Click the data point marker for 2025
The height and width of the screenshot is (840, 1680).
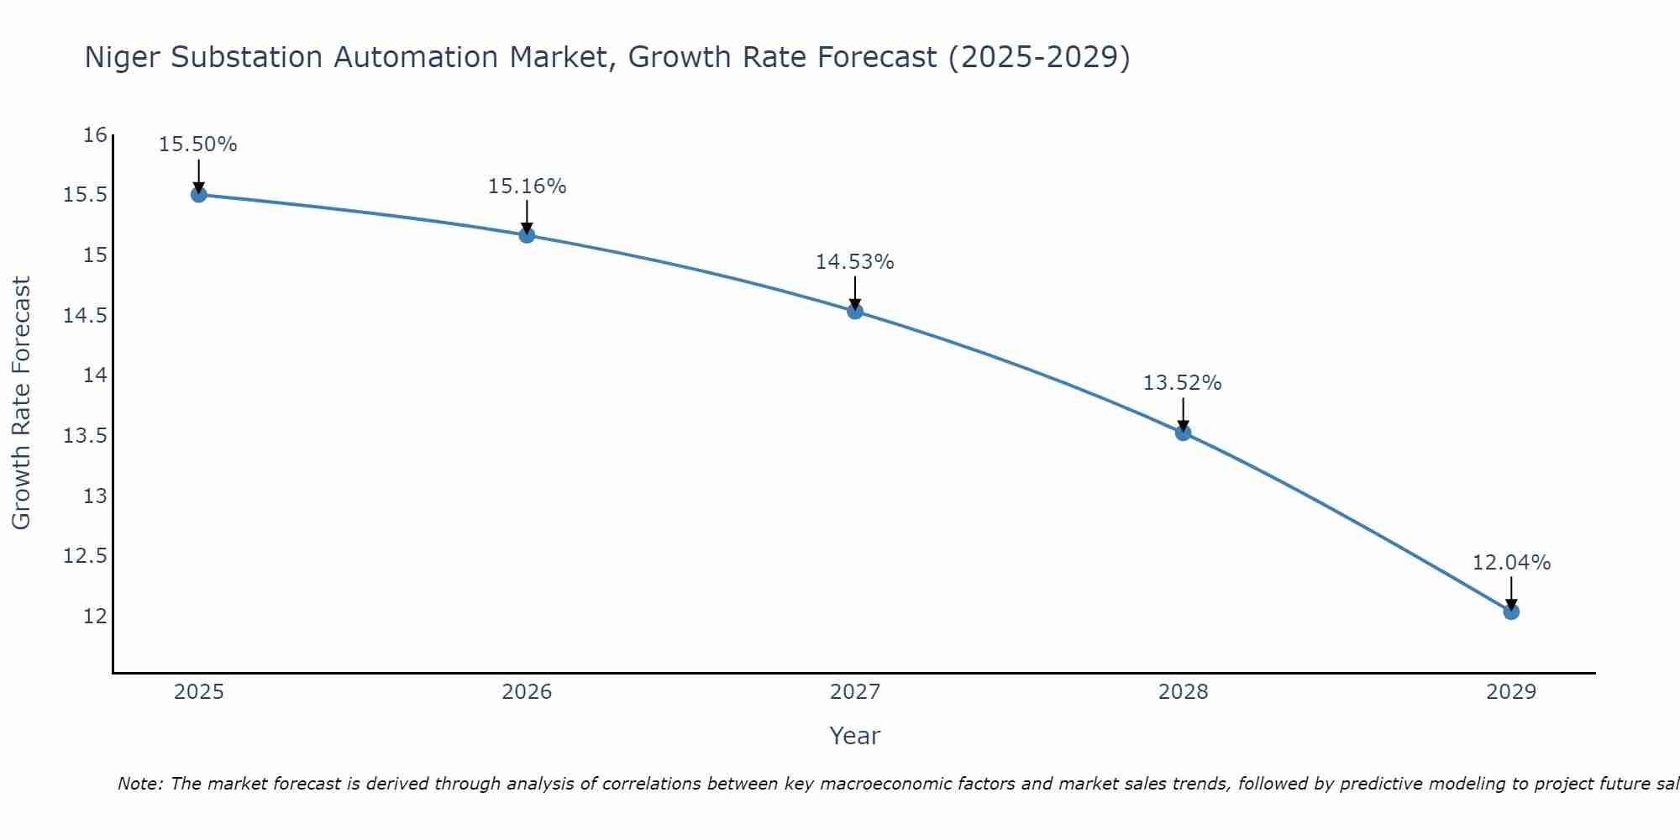pos(198,195)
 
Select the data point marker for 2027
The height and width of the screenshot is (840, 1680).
pos(855,312)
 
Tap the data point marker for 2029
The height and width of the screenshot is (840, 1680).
pos(1511,612)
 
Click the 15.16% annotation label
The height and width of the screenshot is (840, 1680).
pos(527,186)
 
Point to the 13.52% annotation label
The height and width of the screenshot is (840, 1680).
pos(1182,383)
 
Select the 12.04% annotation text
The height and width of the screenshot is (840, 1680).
pos(1511,563)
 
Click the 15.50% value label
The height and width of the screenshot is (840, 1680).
pos(198,144)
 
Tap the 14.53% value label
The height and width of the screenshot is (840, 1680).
pos(854,262)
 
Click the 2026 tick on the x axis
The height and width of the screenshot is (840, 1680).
pos(527,692)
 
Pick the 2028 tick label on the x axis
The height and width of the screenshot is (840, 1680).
pos(1183,692)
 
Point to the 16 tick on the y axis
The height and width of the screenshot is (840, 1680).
pos(96,135)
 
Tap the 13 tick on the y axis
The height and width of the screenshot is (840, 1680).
pos(96,496)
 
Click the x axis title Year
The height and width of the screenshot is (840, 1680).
pos(854,736)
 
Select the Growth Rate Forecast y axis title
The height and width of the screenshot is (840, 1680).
pos(21,403)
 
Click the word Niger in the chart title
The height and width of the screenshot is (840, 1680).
pos(123,57)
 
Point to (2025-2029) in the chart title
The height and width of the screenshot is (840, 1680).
pos(1038,57)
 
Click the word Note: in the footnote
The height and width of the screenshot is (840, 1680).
pos(141,784)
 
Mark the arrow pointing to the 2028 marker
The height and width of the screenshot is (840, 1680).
pos(1183,414)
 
